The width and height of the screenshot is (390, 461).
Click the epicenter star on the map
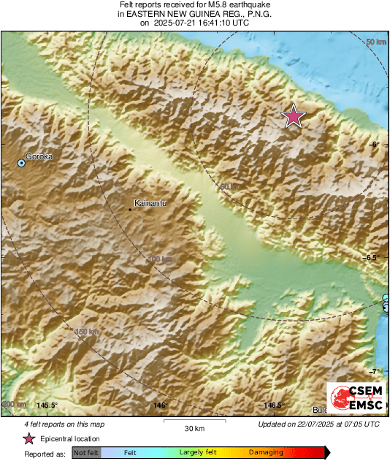point(294,116)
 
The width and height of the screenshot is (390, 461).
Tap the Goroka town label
point(39,156)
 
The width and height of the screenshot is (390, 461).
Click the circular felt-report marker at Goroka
point(22,164)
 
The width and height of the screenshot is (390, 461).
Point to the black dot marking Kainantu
point(131,210)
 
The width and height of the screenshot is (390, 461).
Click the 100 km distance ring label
point(161,259)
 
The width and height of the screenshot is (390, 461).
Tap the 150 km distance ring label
point(87,332)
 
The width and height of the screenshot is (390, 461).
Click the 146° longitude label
point(160,405)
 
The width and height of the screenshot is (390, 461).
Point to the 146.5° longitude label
point(273,405)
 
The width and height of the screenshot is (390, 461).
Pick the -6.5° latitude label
point(372,257)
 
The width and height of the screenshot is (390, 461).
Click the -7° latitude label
point(374,371)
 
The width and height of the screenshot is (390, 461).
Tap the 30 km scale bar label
point(194,428)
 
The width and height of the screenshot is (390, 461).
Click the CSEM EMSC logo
point(353,398)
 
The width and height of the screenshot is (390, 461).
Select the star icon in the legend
point(29,438)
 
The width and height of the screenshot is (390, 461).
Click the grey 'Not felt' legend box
point(86,453)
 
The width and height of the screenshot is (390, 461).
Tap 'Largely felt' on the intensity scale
point(196,453)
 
